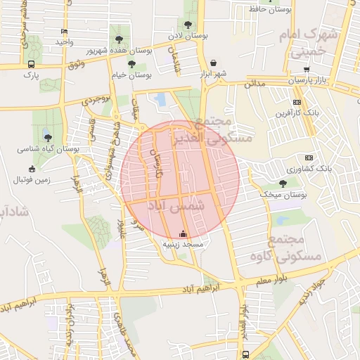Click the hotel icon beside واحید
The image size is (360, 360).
coord(65,32)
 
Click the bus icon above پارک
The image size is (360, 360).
coord(30,63)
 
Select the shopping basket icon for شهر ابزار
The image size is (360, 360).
coord(213,62)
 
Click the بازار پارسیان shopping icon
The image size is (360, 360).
coord(306,70)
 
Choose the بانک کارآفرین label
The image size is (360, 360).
coord(292,112)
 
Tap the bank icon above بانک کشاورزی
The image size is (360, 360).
coord(308,157)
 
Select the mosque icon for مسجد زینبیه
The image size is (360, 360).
coord(184,233)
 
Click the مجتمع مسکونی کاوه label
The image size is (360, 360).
coord(295,247)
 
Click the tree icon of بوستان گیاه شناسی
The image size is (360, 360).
coord(47,136)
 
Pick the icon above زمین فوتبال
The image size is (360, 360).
coord(31,169)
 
